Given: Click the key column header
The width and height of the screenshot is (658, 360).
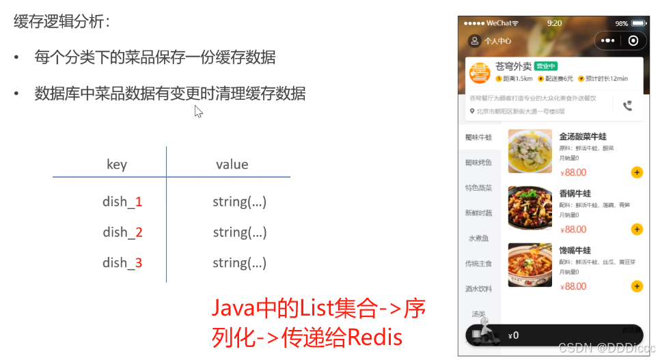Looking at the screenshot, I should click(117, 165).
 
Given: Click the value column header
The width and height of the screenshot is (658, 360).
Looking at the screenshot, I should click(232, 165).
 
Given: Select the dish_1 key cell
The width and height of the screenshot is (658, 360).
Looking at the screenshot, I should click(122, 202).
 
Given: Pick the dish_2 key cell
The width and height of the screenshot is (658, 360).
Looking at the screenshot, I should click(122, 232).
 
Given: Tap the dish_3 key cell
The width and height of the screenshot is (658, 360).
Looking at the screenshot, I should click(122, 263).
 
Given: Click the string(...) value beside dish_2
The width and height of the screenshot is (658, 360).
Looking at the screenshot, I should click(239, 232).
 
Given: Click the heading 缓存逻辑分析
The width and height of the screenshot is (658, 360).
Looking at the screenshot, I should click(61, 21).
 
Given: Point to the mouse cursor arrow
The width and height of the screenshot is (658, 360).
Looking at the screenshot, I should click(198, 111).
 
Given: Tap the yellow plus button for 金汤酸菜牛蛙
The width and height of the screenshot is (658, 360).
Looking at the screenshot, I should click(637, 172).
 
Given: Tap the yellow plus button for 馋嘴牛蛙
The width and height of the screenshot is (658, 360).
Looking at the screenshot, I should click(637, 286).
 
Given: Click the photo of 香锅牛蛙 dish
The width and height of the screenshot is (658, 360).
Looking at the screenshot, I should click(530, 208).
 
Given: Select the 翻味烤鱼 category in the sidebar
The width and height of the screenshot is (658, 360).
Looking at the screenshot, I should click(478, 163).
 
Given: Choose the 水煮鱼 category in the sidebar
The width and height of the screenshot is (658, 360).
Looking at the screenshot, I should click(478, 238).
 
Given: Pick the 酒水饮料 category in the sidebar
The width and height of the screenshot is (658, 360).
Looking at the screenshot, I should click(478, 289).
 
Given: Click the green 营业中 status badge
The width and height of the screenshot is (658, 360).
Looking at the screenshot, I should click(546, 66).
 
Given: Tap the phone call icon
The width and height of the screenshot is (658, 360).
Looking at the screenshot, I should click(628, 106).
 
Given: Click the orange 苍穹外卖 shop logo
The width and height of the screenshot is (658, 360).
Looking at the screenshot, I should click(480, 72).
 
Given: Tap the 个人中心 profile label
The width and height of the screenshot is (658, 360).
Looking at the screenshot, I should click(497, 41).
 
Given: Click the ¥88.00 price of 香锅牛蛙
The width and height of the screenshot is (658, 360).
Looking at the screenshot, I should click(573, 230).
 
